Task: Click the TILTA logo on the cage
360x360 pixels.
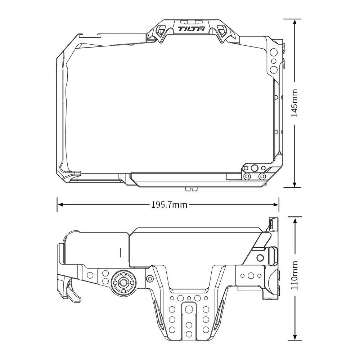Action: click(x=192, y=29)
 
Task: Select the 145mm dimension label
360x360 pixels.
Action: click(x=294, y=103)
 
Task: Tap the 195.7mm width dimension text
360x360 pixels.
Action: click(x=169, y=205)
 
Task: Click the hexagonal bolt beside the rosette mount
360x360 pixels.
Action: click(x=149, y=279)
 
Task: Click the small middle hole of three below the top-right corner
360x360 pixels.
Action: click(x=273, y=60)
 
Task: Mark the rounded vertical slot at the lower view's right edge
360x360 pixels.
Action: click(x=273, y=256)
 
